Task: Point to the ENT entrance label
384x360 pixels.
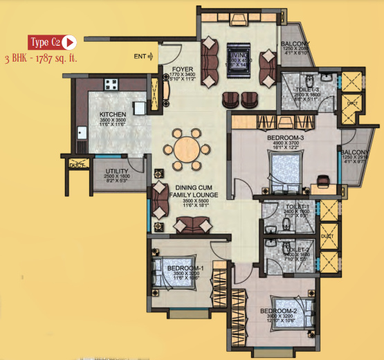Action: (x=140, y=56)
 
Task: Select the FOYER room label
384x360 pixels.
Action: (x=172, y=69)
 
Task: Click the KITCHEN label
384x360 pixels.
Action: (x=111, y=115)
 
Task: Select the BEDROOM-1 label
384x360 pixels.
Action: (x=184, y=268)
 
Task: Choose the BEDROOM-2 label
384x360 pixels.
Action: (x=278, y=311)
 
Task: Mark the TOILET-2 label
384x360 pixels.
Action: (x=298, y=249)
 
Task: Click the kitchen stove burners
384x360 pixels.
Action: (x=111, y=84)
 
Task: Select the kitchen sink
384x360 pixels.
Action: (x=82, y=133)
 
